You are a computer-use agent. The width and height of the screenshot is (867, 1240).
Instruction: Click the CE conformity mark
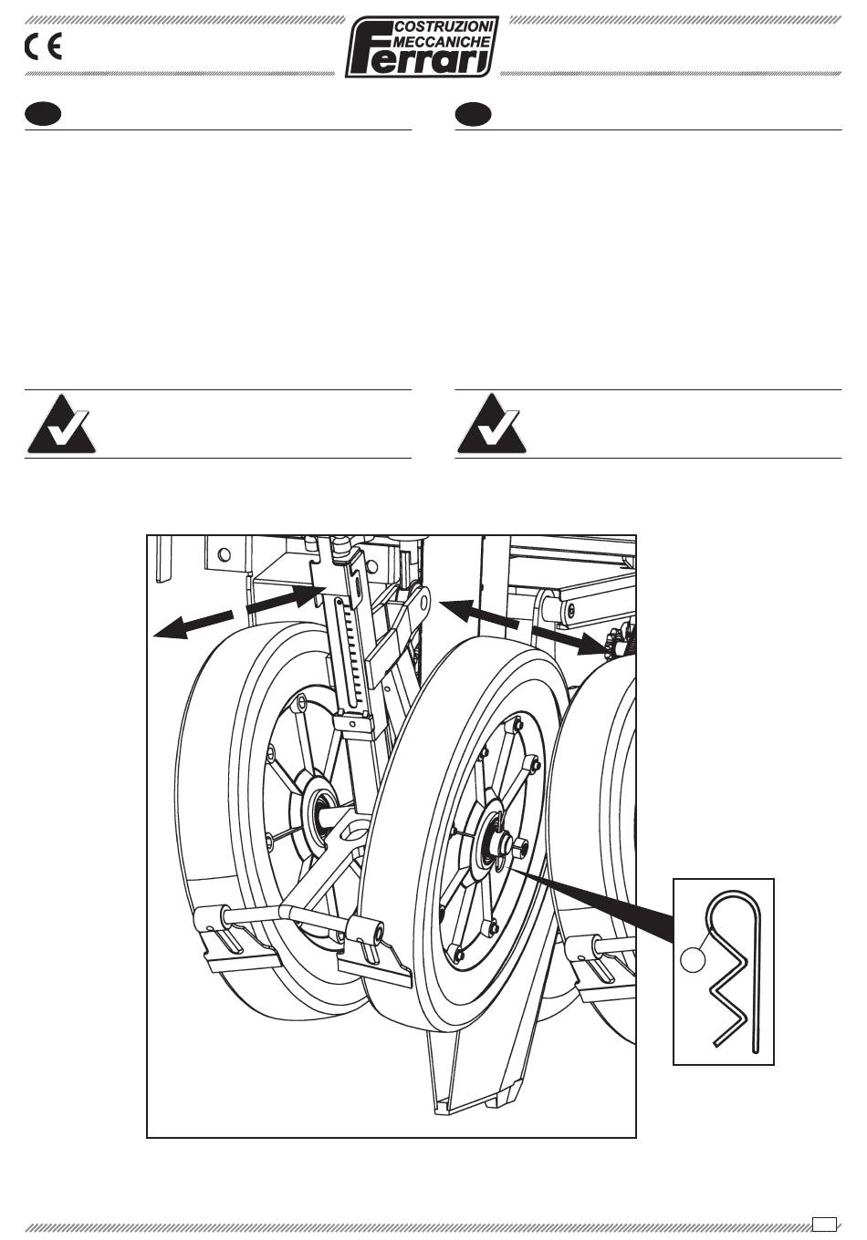coord(43,47)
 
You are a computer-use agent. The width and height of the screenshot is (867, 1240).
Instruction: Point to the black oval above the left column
coord(43,114)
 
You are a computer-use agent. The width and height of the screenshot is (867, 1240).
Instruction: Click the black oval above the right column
coord(473,114)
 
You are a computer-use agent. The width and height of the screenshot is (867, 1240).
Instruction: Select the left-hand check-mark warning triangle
coord(61,423)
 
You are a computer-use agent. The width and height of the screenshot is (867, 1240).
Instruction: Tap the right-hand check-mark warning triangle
coord(491,423)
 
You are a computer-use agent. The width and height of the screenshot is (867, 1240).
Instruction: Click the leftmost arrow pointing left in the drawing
coord(193,625)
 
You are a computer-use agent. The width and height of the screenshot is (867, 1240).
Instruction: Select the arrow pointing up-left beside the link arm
coord(479,615)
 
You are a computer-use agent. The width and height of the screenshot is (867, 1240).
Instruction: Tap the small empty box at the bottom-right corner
coord(824,1223)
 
